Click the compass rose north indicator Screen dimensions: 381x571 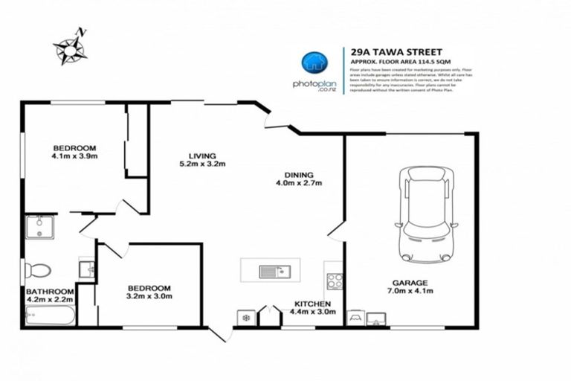coord(71,46)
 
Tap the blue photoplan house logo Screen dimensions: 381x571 coord(314,63)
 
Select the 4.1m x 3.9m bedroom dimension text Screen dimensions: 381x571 coord(74,156)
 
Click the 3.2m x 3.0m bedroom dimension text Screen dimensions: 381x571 coord(149,296)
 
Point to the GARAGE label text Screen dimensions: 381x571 coord(410,282)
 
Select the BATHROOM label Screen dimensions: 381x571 coord(50,291)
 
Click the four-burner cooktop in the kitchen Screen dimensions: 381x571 coord(335,281)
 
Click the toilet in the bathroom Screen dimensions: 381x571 coord(37,270)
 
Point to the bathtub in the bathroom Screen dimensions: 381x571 coord(50,316)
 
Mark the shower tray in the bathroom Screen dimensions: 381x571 coord(39,227)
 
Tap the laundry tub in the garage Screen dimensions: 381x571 coord(375,318)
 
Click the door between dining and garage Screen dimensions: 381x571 coord(337,231)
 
